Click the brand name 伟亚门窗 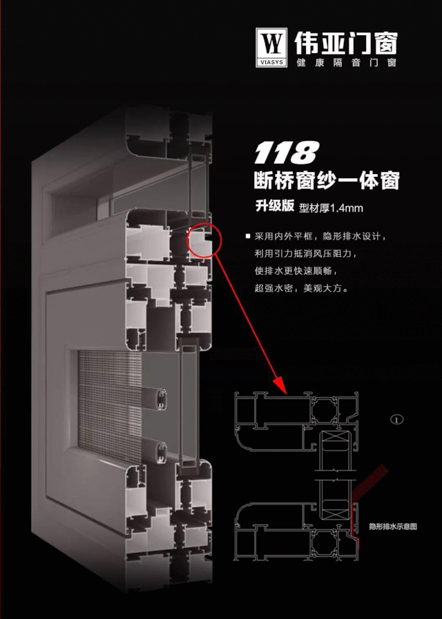point(346,43)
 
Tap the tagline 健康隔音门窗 point(346,63)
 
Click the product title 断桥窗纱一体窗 point(327,180)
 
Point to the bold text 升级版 point(275,205)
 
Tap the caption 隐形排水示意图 point(393,526)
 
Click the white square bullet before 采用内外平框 point(247,236)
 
